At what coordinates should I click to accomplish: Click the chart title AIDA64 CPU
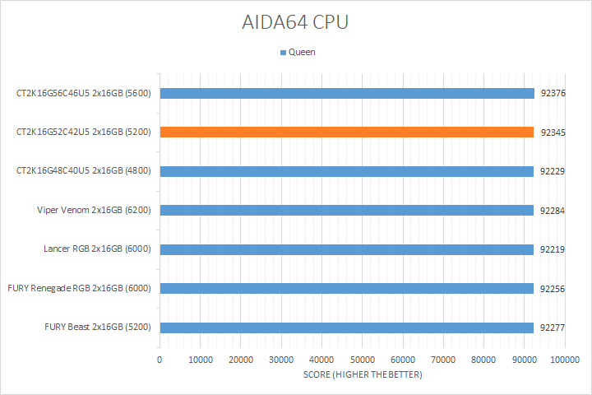click(x=295, y=22)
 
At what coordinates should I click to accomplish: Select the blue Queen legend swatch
click(x=284, y=53)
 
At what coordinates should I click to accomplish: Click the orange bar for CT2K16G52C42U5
click(x=346, y=132)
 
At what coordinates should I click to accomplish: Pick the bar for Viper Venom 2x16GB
click(x=346, y=210)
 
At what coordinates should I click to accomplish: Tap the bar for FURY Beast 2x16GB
click(x=346, y=328)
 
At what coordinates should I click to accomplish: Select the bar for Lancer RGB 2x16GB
click(x=346, y=249)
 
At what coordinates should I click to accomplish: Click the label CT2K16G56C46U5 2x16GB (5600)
click(x=83, y=93)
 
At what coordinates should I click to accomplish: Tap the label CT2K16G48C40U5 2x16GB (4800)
click(x=83, y=171)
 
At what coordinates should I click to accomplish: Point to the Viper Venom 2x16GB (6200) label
click(x=94, y=210)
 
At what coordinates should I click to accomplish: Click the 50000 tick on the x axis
click(x=363, y=360)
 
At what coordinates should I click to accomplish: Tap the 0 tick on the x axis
click(x=160, y=360)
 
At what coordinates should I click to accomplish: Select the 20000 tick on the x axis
click(x=241, y=360)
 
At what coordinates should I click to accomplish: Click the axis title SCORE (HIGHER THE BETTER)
click(x=363, y=375)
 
